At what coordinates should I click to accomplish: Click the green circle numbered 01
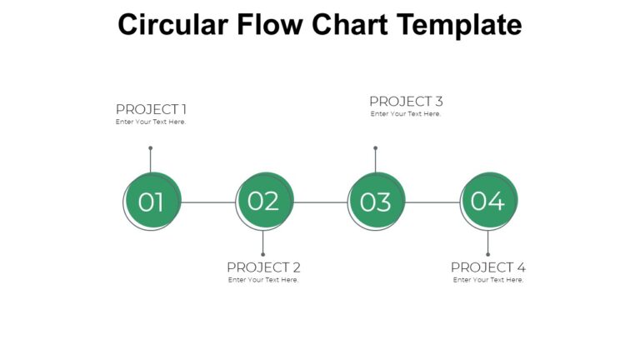(x=152, y=201)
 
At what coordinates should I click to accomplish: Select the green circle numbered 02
(x=265, y=200)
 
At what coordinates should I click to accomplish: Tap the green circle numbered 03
(x=377, y=201)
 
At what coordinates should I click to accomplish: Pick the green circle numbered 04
(x=489, y=200)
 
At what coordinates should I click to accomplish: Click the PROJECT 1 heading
(x=151, y=109)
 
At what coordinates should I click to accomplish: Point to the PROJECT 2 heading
(x=263, y=267)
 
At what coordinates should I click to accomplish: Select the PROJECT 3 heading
(x=406, y=102)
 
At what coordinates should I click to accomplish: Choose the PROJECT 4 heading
(x=488, y=267)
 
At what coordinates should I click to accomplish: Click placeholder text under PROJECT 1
(x=151, y=122)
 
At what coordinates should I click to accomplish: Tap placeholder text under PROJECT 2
(x=263, y=280)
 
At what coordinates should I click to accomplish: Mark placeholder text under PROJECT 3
(x=406, y=114)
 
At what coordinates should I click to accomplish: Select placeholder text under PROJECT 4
(x=488, y=280)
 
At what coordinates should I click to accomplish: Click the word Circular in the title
(x=171, y=25)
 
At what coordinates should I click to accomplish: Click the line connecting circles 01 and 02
(x=208, y=202)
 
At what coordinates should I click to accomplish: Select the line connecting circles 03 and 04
(x=432, y=202)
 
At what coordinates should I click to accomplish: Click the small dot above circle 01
(x=150, y=148)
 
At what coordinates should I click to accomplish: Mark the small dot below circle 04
(x=487, y=254)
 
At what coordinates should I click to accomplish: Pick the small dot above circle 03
(x=375, y=148)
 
